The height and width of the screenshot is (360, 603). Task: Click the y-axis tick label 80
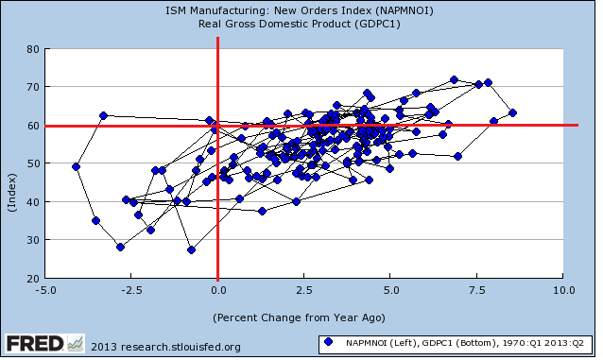click(33, 49)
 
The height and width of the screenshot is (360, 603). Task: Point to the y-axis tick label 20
click(33, 279)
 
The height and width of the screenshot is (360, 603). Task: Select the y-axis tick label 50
click(33, 163)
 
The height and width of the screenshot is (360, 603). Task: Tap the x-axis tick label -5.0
click(45, 290)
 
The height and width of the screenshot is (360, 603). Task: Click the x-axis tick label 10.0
click(564, 290)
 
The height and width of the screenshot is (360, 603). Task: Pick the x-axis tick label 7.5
click(477, 290)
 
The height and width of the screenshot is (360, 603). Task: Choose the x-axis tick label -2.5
click(132, 290)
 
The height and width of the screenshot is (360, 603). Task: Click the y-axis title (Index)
click(12, 193)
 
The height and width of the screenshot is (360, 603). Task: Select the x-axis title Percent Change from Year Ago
click(299, 317)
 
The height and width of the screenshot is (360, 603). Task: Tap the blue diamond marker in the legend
click(328, 341)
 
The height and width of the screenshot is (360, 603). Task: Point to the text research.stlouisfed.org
click(181, 347)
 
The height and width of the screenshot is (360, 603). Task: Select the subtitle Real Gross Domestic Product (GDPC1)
click(300, 24)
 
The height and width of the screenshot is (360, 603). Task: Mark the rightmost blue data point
click(512, 113)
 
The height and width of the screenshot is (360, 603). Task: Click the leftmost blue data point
click(77, 167)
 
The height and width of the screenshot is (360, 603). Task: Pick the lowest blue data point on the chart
click(191, 250)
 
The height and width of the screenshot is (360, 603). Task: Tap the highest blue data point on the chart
click(455, 80)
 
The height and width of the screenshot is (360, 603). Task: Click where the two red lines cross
click(218, 126)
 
